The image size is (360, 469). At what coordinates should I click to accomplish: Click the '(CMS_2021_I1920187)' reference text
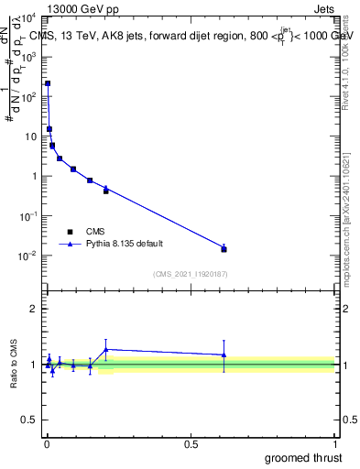coord(190,273)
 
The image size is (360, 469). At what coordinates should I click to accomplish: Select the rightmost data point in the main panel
coord(224,249)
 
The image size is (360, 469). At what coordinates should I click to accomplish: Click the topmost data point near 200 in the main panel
coord(48,83)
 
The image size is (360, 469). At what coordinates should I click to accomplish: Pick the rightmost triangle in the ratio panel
coord(224,354)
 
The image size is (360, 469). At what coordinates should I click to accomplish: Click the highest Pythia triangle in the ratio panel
coord(106,349)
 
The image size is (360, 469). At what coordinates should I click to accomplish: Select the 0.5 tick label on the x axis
coord(191,444)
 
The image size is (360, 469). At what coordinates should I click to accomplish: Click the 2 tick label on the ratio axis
coord(34,309)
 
